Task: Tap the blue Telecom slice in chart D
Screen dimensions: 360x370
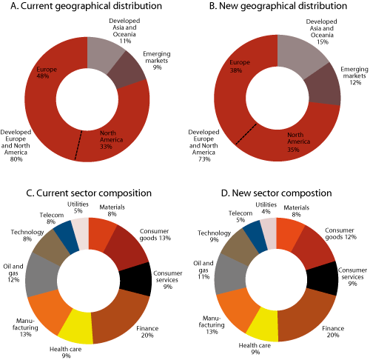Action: [257, 233]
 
